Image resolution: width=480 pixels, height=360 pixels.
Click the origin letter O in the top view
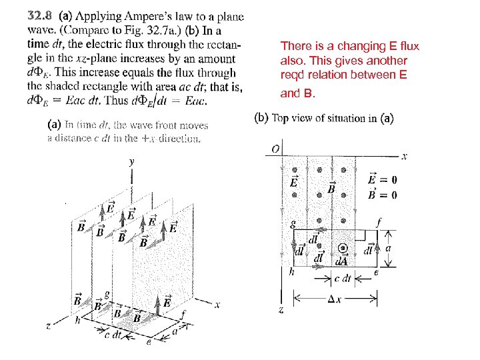[275, 148]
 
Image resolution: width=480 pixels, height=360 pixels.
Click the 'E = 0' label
[382, 179]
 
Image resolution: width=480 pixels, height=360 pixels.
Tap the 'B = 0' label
[382, 195]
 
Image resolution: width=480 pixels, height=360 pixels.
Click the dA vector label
[342, 261]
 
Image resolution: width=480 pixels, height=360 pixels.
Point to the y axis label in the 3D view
[132, 161]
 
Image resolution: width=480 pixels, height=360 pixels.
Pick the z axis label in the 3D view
[49, 326]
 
